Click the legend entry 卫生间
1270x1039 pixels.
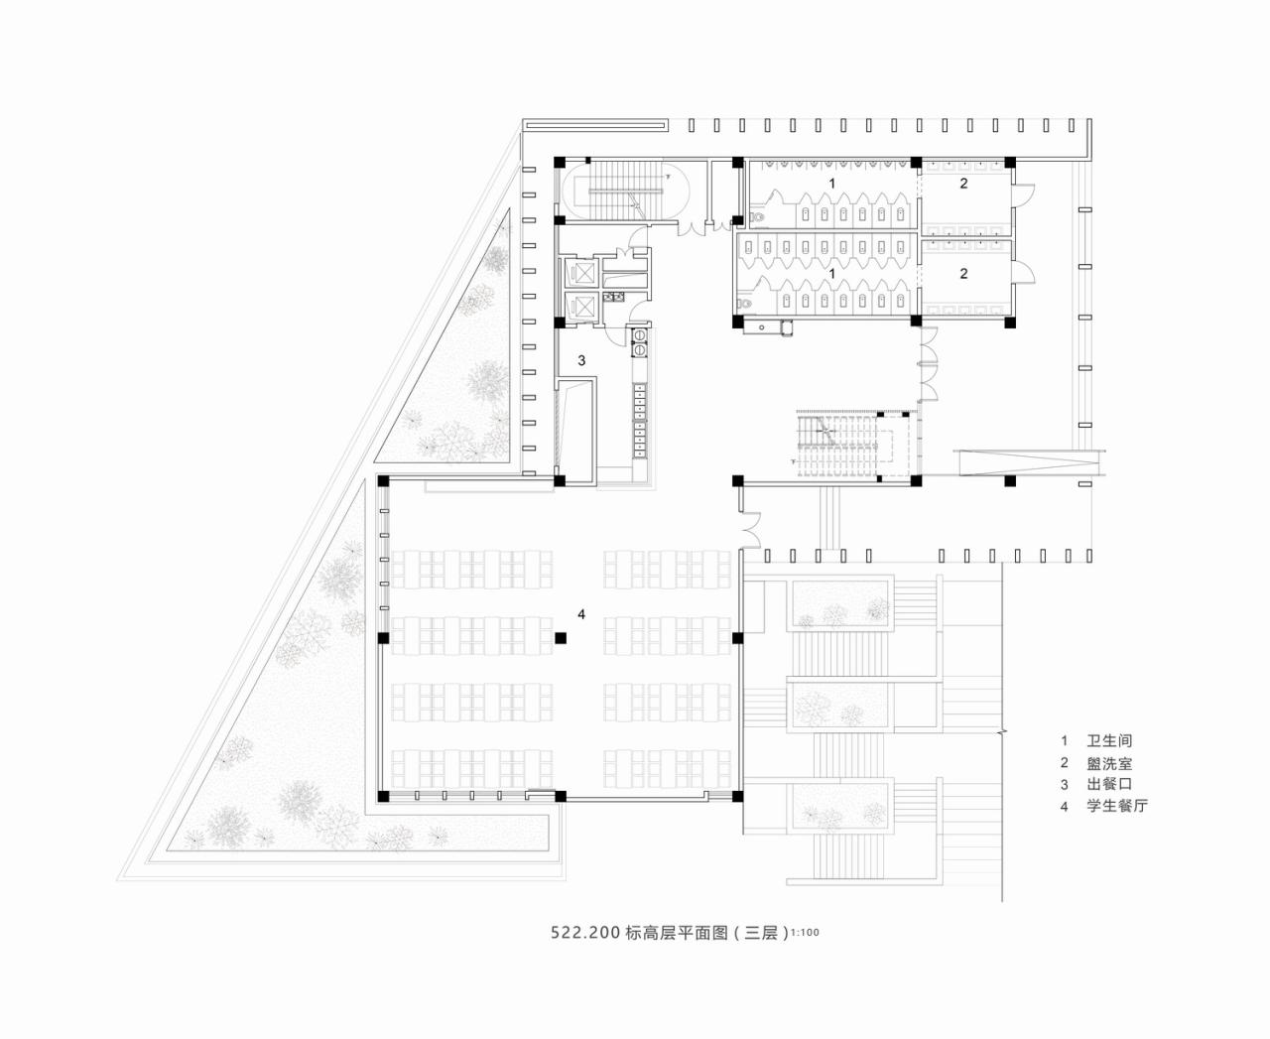1109,740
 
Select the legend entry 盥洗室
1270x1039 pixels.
1109,763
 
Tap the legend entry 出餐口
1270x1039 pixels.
1109,783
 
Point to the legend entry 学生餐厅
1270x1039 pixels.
1117,806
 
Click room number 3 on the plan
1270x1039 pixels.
581,361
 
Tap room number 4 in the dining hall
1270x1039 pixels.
581,615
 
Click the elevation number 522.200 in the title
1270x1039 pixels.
585,933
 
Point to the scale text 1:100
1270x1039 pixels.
806,934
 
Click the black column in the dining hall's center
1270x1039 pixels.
560,638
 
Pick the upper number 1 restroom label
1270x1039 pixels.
831,185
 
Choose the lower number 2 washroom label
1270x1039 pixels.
963,274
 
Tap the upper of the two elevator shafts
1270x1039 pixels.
580,271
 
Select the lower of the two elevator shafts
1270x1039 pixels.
580,307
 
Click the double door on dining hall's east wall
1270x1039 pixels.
748,528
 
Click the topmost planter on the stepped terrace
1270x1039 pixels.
839,605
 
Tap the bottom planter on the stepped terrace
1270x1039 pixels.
839,806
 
